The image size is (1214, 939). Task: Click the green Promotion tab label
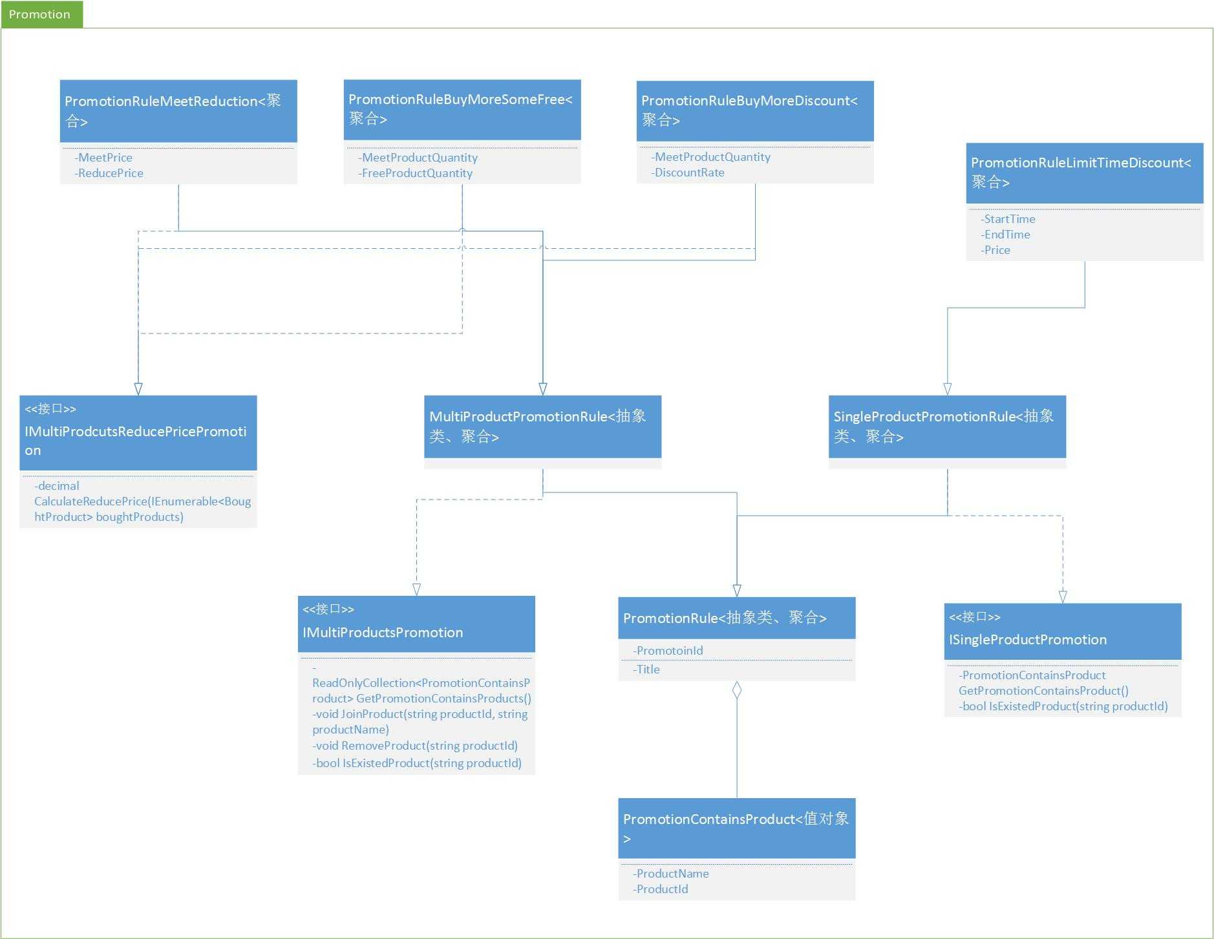(x=39, y=14)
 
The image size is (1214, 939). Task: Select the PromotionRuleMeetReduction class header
(x=178, y=111)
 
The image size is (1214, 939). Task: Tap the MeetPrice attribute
(x=103, y=158)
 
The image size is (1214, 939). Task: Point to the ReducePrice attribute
(x=109, y=173)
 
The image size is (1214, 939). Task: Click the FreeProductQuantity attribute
(x=416, y=173)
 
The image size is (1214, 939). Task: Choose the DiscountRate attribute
(x=688, y=173)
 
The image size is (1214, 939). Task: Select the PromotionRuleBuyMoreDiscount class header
(x=755, y=111)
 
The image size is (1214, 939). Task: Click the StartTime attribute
(x=1008, y=219)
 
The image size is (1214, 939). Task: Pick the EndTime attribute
(x=1005, y=235)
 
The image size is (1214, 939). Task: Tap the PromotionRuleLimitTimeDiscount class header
(x=1085, y=173)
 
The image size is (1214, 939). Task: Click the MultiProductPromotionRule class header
(x=542, y=427)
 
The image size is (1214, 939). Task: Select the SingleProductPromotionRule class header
(x=947, y=427)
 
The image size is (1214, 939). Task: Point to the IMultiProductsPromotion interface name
(x=383, y=633)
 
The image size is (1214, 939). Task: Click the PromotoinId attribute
(x=668, y=651)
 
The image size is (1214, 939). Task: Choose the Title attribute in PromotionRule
(x=646, y=670)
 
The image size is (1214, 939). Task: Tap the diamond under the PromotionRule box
(x=736, y=690)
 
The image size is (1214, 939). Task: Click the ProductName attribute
(x=671, y=874)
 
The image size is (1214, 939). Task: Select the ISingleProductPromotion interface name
(x=1028, y=640)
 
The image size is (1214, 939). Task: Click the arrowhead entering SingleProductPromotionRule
(x=947, y=388)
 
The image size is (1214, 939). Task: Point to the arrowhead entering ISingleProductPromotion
(x=1063, y=596)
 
